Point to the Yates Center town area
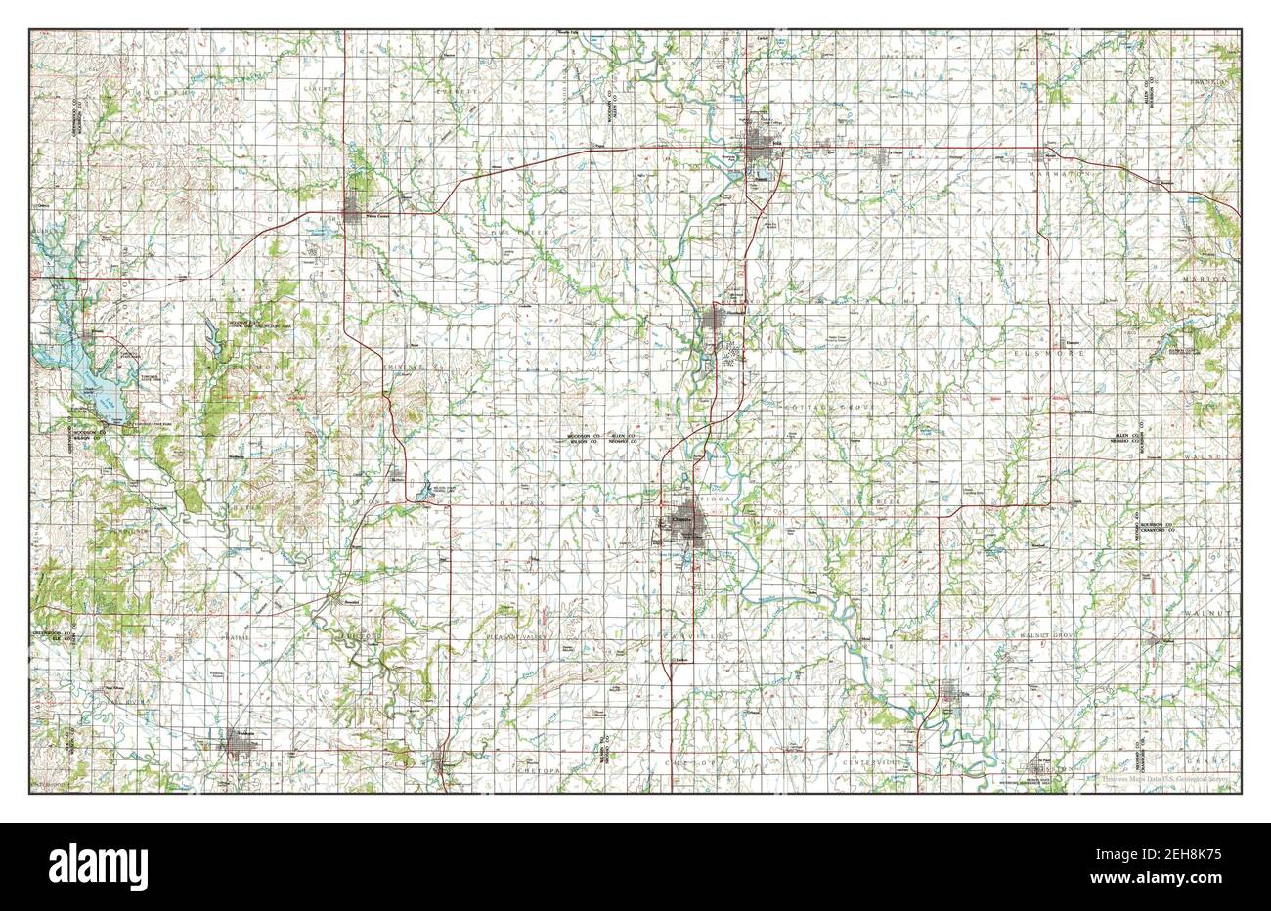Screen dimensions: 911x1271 [x=353, y=208]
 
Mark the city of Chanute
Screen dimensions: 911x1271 [x=685, y=519]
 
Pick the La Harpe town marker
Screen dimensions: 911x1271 [x=891, y=155]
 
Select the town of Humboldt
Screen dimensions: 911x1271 [x=721, y=320]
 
